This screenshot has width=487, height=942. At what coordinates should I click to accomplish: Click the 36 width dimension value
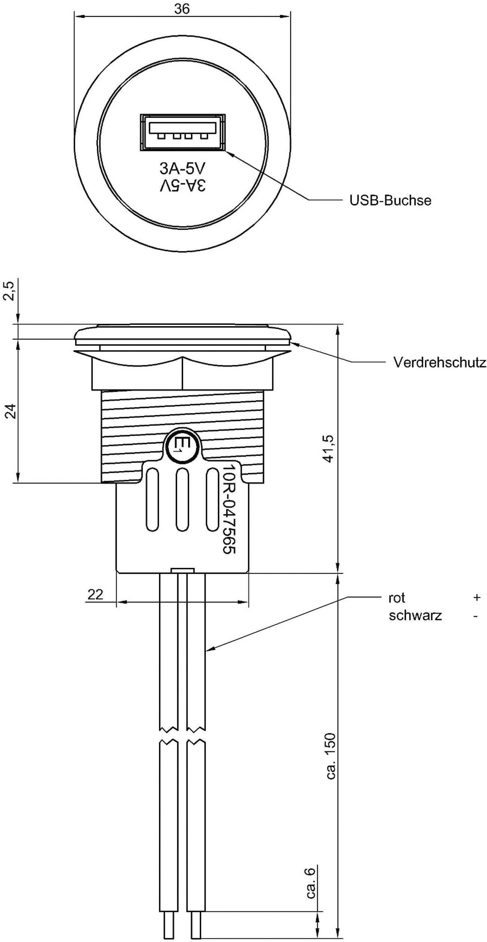[x=182, y=9]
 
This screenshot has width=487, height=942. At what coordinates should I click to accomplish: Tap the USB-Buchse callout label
[x=390, y=200]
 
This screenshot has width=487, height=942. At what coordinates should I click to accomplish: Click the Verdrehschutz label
[x=439, y=362]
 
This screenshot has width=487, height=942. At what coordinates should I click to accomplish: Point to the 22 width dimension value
[x=95, y=594]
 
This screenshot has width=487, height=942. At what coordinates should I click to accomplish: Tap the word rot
[x=397, y=598]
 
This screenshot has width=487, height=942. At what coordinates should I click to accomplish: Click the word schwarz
[x=415, y=615]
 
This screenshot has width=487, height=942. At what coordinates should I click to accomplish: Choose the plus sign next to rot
[x=476, y=598]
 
